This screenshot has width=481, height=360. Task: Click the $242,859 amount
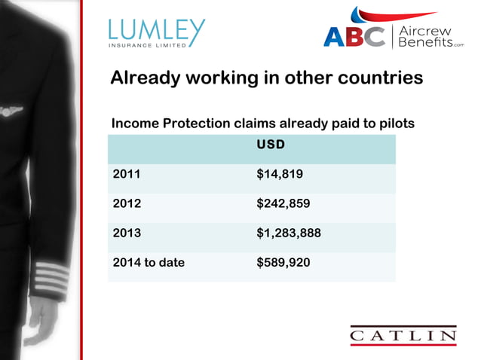[283, 204]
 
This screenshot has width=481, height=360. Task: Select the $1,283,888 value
[289, 233]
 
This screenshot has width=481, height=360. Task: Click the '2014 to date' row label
[148, 263]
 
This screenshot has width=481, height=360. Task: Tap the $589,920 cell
[283, 263]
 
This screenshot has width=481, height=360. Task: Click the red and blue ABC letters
[354, 36]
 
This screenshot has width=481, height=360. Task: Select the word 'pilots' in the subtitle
[396, 124]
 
